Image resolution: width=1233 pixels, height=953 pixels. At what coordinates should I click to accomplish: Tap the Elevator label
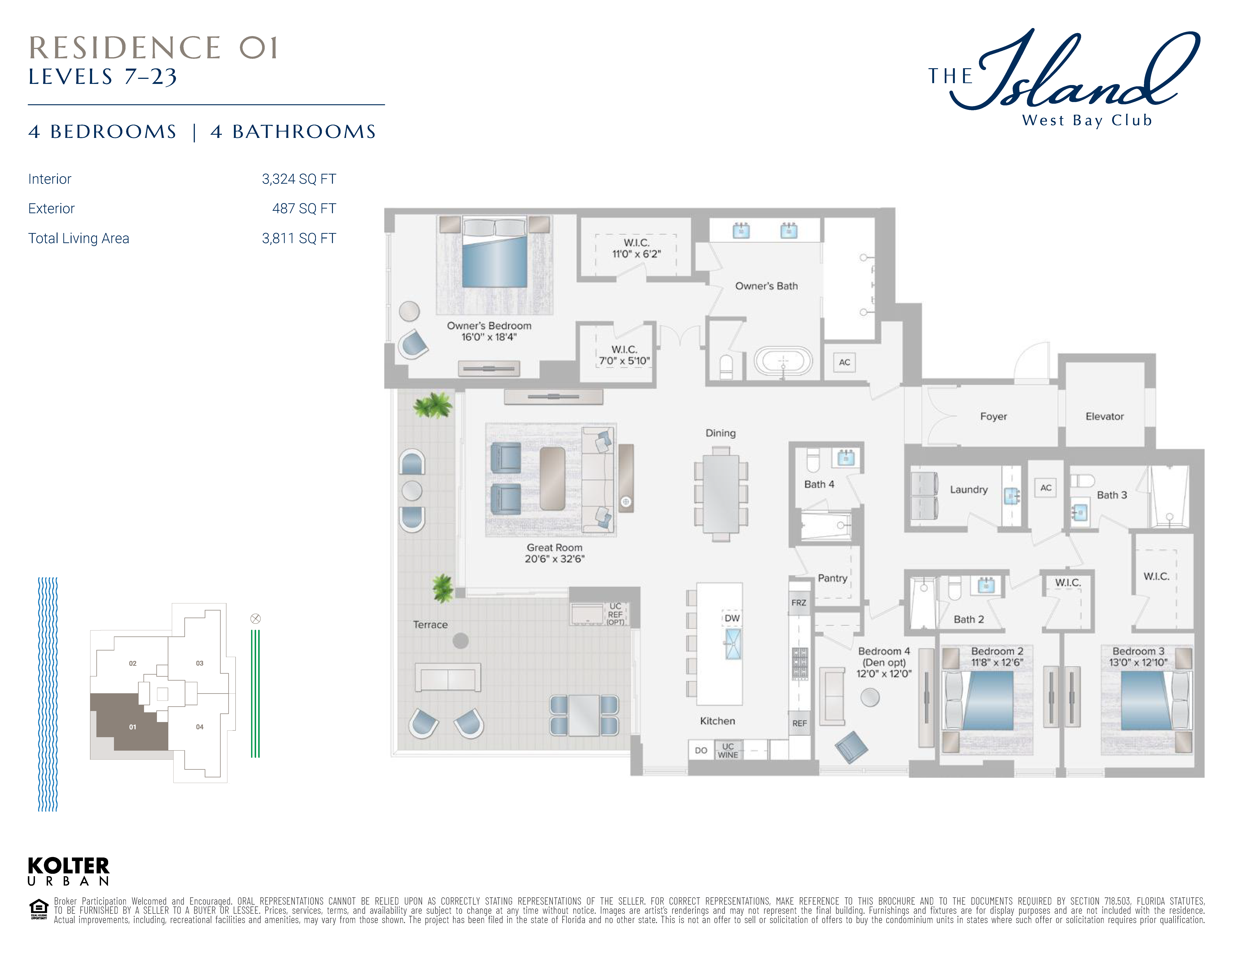[x=1104, y=417]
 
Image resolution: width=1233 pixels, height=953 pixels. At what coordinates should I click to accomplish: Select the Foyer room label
[x=993, y=417]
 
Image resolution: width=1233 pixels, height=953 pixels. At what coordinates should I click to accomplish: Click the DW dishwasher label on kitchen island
[x=732, y=618]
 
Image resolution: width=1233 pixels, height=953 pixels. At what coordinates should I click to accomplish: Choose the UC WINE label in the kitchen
[x=728, y=750]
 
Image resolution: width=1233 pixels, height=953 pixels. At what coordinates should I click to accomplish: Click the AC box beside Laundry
[x=1046, y=488]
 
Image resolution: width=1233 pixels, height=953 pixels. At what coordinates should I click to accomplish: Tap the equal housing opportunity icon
[x=38, y=909]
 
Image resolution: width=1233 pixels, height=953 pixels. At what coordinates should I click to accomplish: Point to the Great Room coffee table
[x=552, y=479]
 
